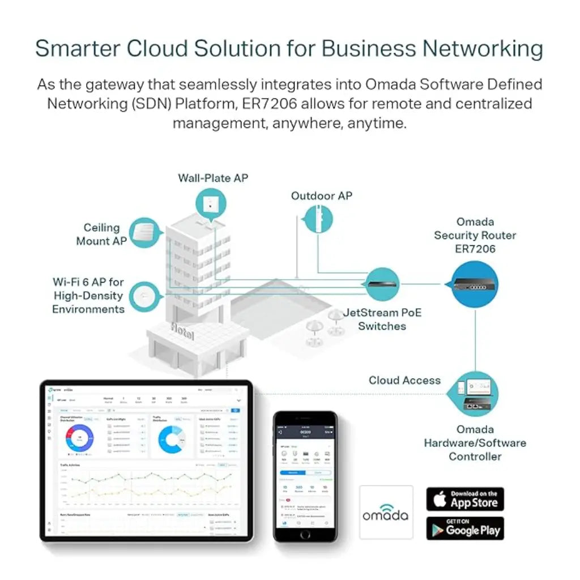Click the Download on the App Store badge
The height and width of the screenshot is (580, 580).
tap(465, 499)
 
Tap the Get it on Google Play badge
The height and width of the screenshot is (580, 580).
tap(465, 528)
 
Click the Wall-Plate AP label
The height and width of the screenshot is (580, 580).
tap(213, 178)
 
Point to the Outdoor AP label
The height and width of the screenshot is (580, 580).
tap(321, 196)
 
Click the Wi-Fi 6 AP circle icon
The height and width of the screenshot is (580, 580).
tap(144, 296)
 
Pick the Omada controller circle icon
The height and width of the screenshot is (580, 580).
tap(476, 394)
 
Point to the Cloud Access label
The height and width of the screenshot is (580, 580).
tap(404, 381)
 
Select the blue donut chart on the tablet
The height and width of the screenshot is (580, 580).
tap(172, 440)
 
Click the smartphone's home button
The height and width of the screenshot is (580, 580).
tap(305, 534)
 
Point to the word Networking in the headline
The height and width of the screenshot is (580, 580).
tap(483, 49)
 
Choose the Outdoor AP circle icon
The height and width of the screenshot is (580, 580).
tap(319, 219)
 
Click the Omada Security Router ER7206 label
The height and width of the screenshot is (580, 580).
tap(475, 235)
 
